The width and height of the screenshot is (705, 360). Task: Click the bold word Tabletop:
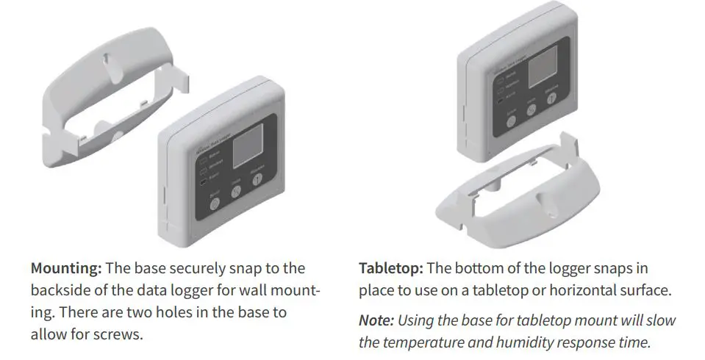pyautogui.click(x=390, y=269)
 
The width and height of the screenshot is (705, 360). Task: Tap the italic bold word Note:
pyautogui.click(x=376, y=321)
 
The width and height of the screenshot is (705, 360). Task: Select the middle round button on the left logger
pyautogui.click(x=237, y=192)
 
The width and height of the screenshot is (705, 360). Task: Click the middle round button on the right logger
pyautogui.click(x=532, y=109)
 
